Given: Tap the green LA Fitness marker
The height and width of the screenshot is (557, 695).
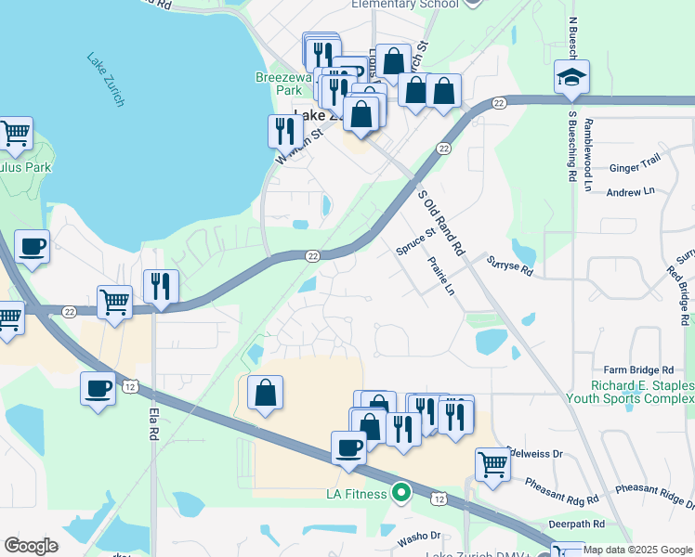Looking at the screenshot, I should click(x=401, y=493).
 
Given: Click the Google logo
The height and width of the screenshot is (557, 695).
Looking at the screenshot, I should click(x=31, y=546).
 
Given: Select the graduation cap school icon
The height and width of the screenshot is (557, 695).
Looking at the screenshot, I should click(x=571, y=77).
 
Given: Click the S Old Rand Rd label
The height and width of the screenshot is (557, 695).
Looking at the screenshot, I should click(x=440, y=223).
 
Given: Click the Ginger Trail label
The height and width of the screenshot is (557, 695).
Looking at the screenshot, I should click(x=634, y=168).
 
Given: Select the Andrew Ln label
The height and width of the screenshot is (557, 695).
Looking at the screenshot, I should click(x=630, y=191).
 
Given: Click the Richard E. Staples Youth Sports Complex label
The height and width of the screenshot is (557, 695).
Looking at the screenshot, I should click(x=629, y=393).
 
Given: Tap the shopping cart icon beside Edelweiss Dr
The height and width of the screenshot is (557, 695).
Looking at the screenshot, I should click(x=492, y=464).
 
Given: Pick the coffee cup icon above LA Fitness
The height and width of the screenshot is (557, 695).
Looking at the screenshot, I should click(x=348, y=447).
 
